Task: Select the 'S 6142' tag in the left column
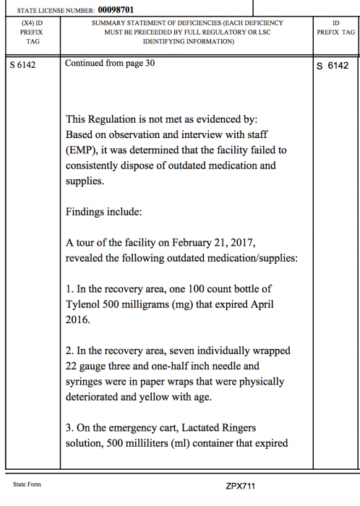coord(23,65)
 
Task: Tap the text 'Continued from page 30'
coord(110,63)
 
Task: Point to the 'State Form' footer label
coord(27,484)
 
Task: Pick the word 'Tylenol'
coord(83,304)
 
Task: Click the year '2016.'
coord(78,320)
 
